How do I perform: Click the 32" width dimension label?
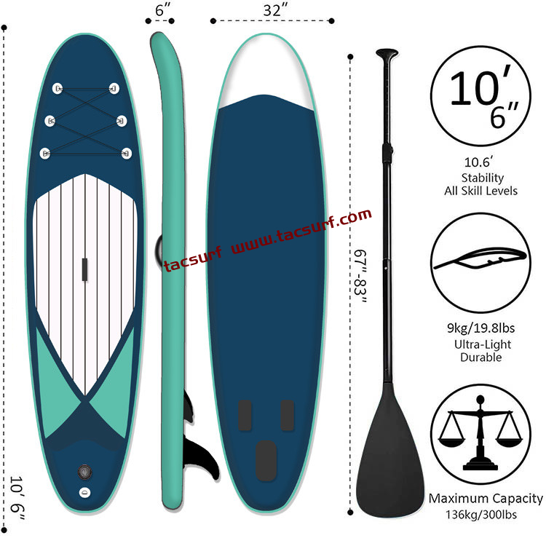[275, 9]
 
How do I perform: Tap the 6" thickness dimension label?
[162, 9]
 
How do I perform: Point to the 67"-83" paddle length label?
[360, 277]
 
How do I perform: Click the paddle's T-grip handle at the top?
[387, 53]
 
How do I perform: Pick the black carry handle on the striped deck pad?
[84, 269]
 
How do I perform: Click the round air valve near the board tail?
[84, 472]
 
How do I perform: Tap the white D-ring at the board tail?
[84, 492]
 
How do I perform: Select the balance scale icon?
[480, 433]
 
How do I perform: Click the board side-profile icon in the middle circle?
[480, 258]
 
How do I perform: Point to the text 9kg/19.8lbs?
[481, 328]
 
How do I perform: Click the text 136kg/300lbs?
[481, 514]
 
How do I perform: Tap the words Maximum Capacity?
[486, 499]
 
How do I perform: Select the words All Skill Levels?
[481, 191]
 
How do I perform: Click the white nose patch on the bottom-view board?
[266, 70]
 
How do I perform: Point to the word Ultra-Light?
[482, 344]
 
